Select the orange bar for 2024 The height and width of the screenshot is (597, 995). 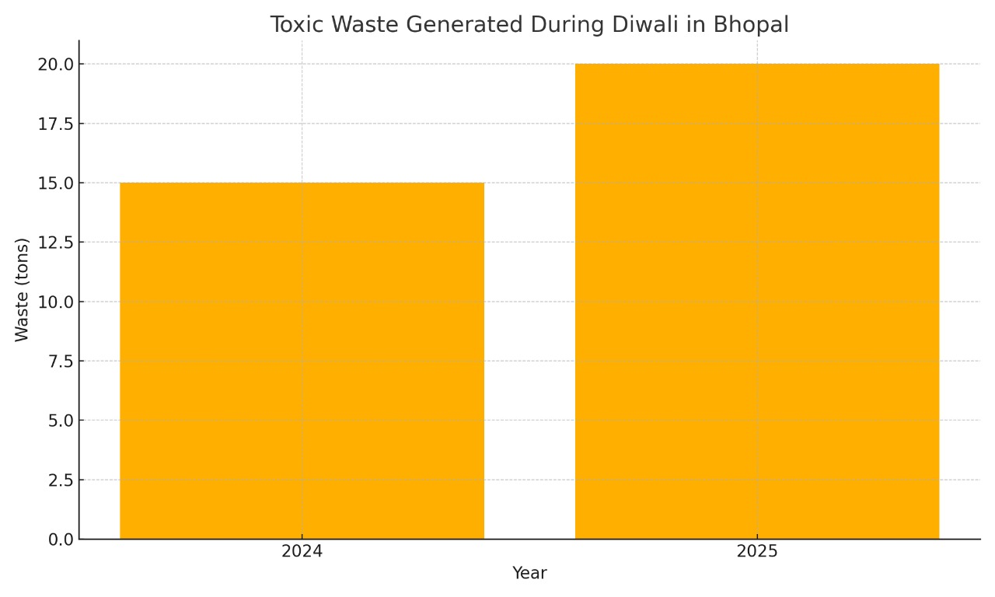click(302, 361)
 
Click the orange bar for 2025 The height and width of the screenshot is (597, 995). click(756, 302)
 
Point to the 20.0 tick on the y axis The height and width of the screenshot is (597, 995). click(55, 64)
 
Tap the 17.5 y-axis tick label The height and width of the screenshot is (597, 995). click(55, 124)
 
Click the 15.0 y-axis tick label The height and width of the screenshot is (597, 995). click(55, 183)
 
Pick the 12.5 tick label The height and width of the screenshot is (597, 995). click(55, 243)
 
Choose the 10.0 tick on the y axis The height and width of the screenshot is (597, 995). click(55, 302)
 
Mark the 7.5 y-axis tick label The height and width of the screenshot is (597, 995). click(59, 361)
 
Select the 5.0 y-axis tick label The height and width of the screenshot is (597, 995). click(59, 421)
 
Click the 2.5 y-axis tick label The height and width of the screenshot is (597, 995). click(59, 480)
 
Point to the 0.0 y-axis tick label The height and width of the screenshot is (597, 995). click(59, 539)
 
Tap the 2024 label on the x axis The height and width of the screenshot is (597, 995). click(302, 552)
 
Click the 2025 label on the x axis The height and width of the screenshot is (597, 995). click(756, 552)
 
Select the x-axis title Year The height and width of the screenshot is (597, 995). click(529, 574)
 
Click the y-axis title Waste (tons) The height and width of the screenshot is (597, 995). click(22, 289)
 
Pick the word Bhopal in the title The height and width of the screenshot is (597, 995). click(752, 25)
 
